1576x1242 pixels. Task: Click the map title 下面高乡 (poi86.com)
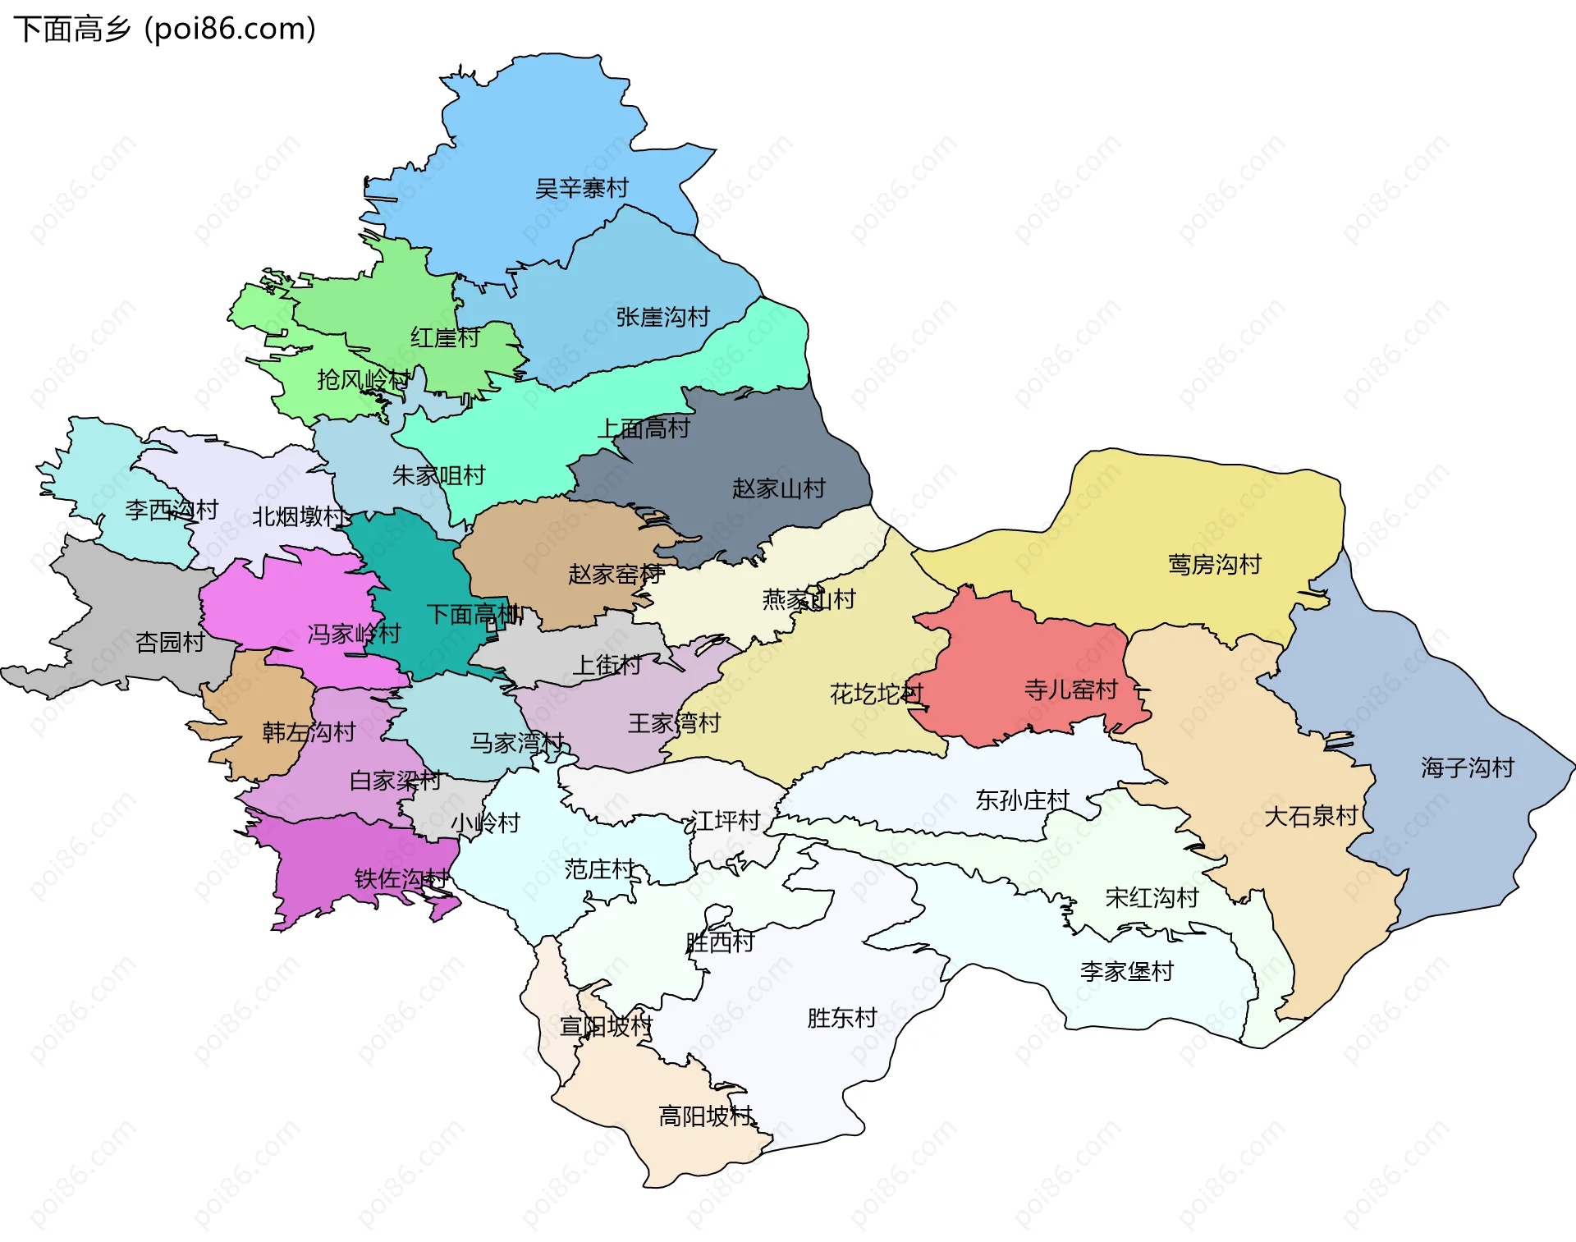click(164, 30)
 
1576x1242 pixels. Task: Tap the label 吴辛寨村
click(581, 189)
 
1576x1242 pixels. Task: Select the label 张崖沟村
click(662, 318)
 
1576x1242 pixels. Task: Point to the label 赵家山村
click(778, 489)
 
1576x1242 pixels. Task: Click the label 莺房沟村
click(1214, 565)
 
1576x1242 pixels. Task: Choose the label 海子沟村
click(1467, 768)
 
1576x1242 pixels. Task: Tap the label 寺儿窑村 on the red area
click(1070, 690)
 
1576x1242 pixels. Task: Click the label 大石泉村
click(1311, 817)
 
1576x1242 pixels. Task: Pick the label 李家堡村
click(1126, 972)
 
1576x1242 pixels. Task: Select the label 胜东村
click(842, 1019)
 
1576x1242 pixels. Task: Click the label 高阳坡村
click(706, 1116)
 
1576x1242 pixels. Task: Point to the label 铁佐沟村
click(401, 879)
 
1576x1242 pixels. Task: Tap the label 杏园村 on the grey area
click(170, 643)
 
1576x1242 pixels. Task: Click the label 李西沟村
click(172, 511)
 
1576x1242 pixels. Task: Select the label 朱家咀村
click(438, 476)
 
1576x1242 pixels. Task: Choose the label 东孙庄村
click(1022, 800)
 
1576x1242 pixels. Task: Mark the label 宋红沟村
click(1152, 898)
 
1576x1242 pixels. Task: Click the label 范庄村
click(599, 869)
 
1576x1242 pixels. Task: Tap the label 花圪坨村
click(876, 694)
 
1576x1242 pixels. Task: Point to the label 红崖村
click(445, 338)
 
